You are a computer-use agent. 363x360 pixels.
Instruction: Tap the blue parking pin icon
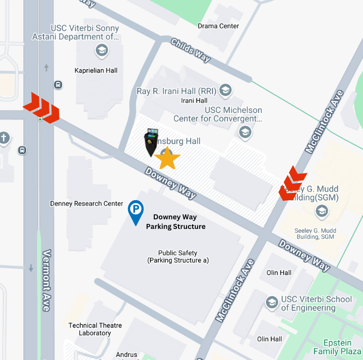[136, 211]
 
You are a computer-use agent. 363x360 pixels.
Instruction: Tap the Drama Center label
[218, 26]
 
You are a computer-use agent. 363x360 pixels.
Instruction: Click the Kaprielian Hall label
[96, 70]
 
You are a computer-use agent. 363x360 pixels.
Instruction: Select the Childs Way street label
[191, 50]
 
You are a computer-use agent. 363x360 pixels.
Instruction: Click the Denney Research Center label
[87, 204]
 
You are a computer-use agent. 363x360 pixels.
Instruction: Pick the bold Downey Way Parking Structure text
[175, 222]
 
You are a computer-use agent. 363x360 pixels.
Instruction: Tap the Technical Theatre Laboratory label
[95, 329]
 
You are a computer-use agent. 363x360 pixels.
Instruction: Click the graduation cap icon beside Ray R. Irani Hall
[225, 91]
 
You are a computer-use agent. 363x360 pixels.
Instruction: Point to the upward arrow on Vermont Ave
[46, 67]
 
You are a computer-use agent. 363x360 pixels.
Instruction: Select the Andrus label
[126, 355]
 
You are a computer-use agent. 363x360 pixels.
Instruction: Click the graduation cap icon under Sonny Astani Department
[101, 50]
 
